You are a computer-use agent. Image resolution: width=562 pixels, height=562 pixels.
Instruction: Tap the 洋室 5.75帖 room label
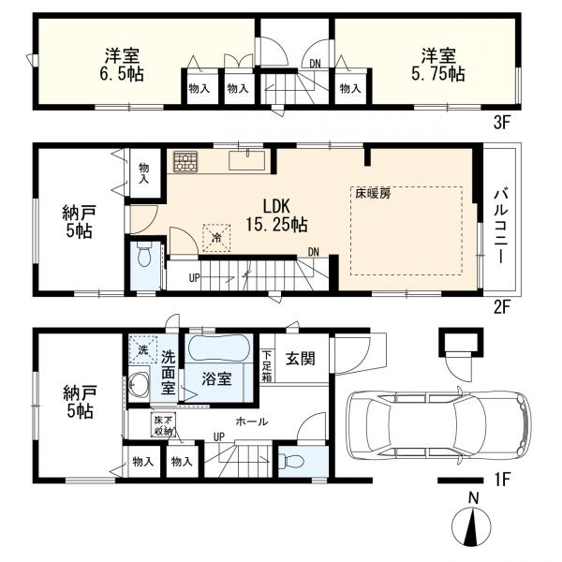pyautogui.click(x=438, y=65)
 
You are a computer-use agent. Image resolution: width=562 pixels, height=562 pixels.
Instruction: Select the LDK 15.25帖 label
pyautogui.click(x=276, y=215)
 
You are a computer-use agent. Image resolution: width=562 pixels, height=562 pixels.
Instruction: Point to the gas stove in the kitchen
pyautogui.click(x=185, y=162)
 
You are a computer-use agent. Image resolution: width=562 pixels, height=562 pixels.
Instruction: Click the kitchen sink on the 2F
pyautogui.click(x=247, y=160)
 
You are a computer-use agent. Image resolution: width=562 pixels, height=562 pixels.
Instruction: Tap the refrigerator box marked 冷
pyautogui.click(x=216, y=237)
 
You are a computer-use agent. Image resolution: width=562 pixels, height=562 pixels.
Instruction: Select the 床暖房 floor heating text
pyautogui.click(x=373, y=194)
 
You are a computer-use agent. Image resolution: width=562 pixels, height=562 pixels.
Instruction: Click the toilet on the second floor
pyautogui.click(x=144, y=254)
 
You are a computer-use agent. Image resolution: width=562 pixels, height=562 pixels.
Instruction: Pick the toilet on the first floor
pyautogui.click(x=292, y=461)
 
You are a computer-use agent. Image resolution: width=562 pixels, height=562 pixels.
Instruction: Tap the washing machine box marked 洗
pyautogui.click(x=143, y=349)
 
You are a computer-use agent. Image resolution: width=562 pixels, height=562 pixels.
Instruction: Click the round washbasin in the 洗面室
pyautogui.click(x=139, y=385)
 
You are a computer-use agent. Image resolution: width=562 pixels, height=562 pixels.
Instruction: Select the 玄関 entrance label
pyautogui.click(x=301, y=359)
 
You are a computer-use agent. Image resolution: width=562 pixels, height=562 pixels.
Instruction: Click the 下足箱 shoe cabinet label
pyautogui.click(x=267, y=366)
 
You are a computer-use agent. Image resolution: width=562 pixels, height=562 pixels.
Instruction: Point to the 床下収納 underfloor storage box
pyautogui.click(x=163, y=425)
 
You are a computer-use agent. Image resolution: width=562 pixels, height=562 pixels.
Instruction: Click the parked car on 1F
pyautogui.click(x=439, y=426)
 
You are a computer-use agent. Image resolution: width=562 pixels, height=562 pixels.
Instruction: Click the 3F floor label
pyautogui.click(x=501, y=123)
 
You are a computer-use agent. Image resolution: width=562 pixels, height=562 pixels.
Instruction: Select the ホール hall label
pyautogui.click(x=252, y=421)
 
